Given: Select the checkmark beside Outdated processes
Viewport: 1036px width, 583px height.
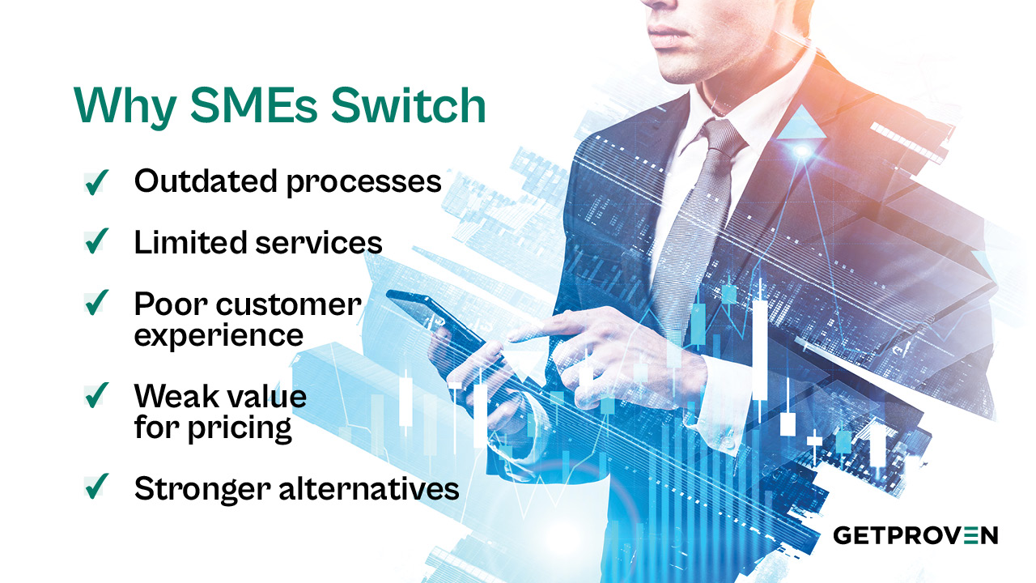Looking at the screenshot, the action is click(96, 182).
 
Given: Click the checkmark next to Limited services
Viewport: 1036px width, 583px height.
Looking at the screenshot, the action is click(96, 241).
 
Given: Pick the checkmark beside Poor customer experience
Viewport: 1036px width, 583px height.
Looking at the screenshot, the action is click(96, 303).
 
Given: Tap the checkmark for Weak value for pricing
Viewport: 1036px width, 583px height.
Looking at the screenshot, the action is click(96, 396).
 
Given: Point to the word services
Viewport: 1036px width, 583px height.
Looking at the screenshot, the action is click(319, 242).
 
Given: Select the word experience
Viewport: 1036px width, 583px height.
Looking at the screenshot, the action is click(219, 334).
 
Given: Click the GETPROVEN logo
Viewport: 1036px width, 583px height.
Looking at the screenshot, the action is click(915, 535).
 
